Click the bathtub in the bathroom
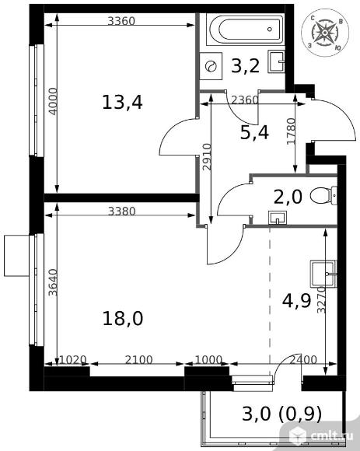[x=246, y=29]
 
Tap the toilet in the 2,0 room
[x=323, y=196]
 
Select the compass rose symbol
[x=325, y=32]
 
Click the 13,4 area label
[x=122, y=103]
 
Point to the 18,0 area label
[x=123, y=318]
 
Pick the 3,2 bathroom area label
[x=245, y=66]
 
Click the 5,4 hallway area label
[x=254, y=133]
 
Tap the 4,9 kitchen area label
[x=297, y=301]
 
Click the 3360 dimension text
[x=121, y=21]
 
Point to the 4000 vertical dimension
[x=53, y=101]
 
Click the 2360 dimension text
[x=245, y=100]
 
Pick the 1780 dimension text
[x=292, y=131]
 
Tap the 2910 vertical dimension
[x=207, y=157]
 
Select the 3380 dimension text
[x=121, y=212]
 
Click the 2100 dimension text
[x=139, y=359]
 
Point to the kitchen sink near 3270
[x=323, y=274]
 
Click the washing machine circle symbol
[x=211, y=66]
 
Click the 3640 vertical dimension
[x=53, y=282]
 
